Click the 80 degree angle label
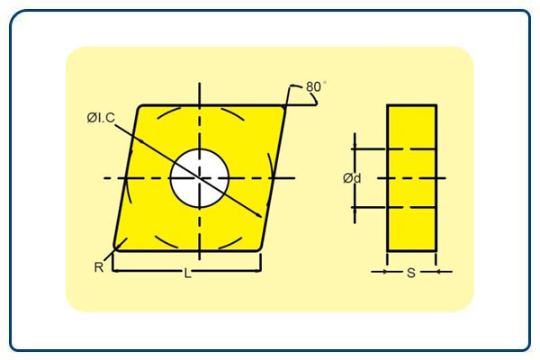[313, 86]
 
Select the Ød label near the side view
[352, 178]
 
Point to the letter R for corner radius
[99, 266]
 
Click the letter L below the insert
[187, 274]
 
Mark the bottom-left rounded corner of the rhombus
[118, 246]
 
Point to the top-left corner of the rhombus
[141, 108]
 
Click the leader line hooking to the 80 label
[293, 93]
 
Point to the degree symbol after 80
[325, 82]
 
